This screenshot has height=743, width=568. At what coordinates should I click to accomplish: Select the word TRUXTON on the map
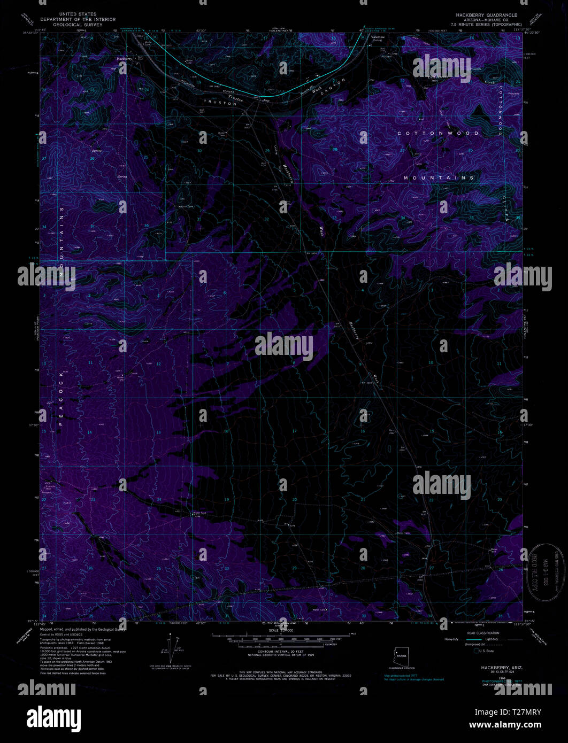point(219,104)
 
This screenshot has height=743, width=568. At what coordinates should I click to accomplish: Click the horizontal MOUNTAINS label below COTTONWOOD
point(439,177)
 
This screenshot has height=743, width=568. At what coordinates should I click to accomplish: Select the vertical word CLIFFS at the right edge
point(518,214)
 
